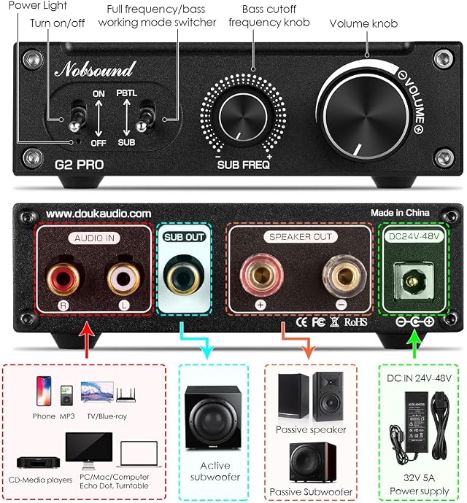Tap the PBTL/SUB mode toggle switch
[144, 117]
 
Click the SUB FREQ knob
[243, 117]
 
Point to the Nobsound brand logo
[95, 69]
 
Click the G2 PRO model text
[79, 165]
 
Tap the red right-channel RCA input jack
[63, 278]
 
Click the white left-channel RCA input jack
[123, 278]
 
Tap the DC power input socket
[412, 281]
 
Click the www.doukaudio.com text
[99, 214]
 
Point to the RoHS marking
[355, 321]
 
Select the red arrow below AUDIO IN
[86, 340]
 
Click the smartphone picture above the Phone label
[43, 391]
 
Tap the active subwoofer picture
[213, 418]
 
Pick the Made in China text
[400, 213]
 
